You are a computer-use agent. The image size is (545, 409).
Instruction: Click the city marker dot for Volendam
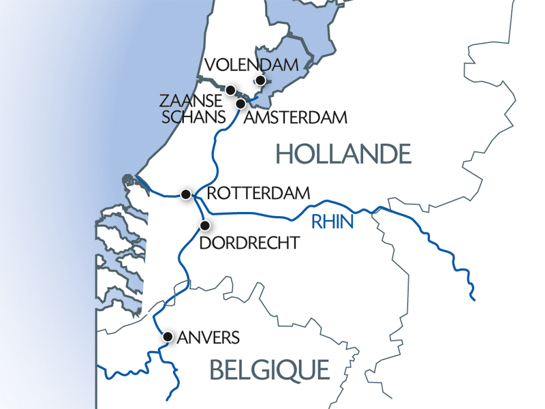pos(260,80)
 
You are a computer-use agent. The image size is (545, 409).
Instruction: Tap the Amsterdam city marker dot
pos(241,104)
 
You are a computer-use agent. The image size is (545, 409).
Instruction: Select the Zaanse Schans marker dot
pos(231,90)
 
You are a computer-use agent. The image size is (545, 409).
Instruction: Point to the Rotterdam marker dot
pos(185,195)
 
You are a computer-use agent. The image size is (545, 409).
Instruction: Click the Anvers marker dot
pos(168,336)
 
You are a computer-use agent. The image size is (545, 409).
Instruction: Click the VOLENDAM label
pos(252,65)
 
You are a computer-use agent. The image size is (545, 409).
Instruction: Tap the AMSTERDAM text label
pos(295,118)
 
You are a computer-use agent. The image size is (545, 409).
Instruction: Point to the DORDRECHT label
pos(249,243)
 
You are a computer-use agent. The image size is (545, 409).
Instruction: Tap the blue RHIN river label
pos(332,222)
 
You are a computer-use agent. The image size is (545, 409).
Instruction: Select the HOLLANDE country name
pos(344,155)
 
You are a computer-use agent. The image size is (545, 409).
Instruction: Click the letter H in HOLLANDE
pos(284,155)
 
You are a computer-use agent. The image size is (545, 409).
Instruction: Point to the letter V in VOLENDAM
pos(210,65)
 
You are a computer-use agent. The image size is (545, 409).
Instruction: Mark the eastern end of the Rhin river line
pos(473,298)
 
